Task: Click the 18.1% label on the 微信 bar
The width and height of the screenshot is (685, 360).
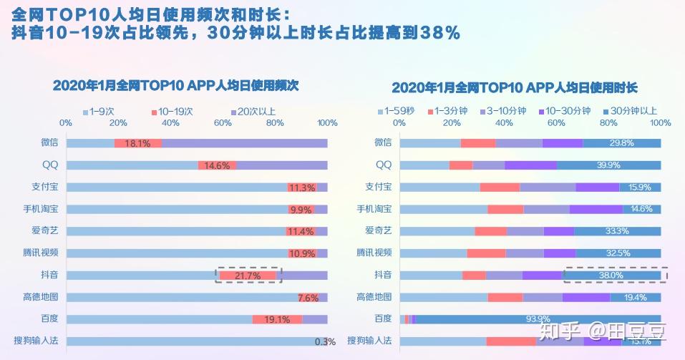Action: tap(137, 143)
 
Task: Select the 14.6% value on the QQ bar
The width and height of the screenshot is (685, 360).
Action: tap(217, 165)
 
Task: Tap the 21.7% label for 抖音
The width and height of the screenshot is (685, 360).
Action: tap(248, 276)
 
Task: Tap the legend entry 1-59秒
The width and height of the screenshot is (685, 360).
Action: tap(399, 111)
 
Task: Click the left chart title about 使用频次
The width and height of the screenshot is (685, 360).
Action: tap(175, 85)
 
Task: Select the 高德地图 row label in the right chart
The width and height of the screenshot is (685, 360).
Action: tap(374, 297)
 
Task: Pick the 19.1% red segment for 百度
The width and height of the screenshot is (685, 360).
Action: tap(277, 319)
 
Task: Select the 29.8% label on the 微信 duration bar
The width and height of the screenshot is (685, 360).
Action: tap(622, 143)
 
